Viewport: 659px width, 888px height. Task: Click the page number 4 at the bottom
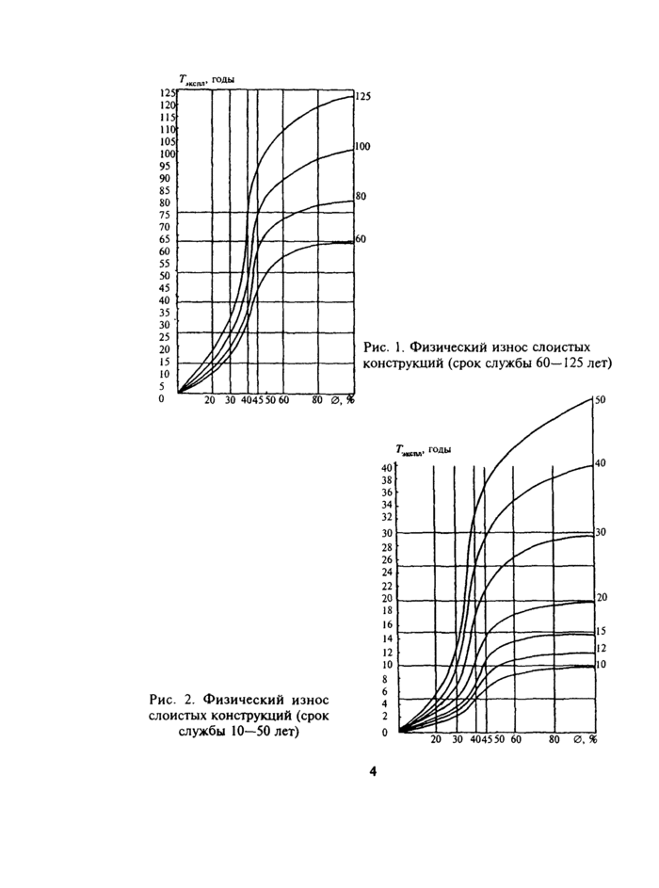pos(373,771)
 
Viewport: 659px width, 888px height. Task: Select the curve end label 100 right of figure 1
pos(362,147)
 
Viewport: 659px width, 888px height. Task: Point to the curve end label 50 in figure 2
pos(600,400)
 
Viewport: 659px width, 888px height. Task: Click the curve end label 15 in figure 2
pos(602,631)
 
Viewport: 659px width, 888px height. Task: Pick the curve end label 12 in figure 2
pos(602,649)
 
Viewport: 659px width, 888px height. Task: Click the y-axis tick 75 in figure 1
pos(165,214)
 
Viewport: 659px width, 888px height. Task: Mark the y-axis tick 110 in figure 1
pos(168,129)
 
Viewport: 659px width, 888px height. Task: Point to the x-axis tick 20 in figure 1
pos(209,400)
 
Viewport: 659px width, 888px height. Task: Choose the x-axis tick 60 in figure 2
pos(515,740)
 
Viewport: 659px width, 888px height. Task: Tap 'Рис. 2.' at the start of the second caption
pos(170,700)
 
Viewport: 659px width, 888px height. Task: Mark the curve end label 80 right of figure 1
pos(360,197)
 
